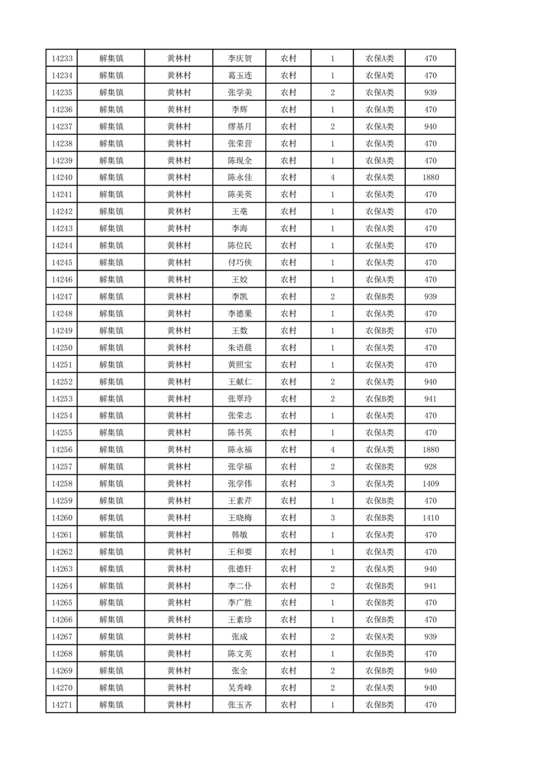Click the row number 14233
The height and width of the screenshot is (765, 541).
tap(61, 59)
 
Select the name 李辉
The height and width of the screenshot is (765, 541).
tap(239, 110)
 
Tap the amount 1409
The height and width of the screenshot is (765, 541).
tap(430, 484)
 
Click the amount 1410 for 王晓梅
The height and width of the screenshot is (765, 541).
tap(430, 518)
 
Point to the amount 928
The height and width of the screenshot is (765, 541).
tap(430, 467)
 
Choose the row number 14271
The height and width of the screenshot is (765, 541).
tap(61, 706)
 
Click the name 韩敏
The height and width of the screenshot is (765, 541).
tap(239, 535)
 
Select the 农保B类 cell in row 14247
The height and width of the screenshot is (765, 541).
tap(379, 297)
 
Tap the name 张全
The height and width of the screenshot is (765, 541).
tap(239, 672)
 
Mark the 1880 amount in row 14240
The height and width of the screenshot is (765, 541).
tap(430, 178)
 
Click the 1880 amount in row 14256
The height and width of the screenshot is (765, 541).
tap(430, 450)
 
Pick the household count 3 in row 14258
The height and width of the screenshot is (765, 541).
tap(332, 484)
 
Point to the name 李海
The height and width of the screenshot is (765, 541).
tap(239, 228)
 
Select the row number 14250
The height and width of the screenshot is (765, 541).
tap(61, 348)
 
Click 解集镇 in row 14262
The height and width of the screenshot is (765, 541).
tap(111, 552)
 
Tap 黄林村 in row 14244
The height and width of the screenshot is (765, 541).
tap(179, 245)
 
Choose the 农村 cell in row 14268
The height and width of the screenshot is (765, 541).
tap(288, 655)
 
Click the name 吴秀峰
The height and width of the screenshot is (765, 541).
tap(239, 689)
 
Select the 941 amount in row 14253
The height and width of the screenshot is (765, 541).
tap(430, 399)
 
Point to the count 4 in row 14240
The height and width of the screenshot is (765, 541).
tap(332, 178)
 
